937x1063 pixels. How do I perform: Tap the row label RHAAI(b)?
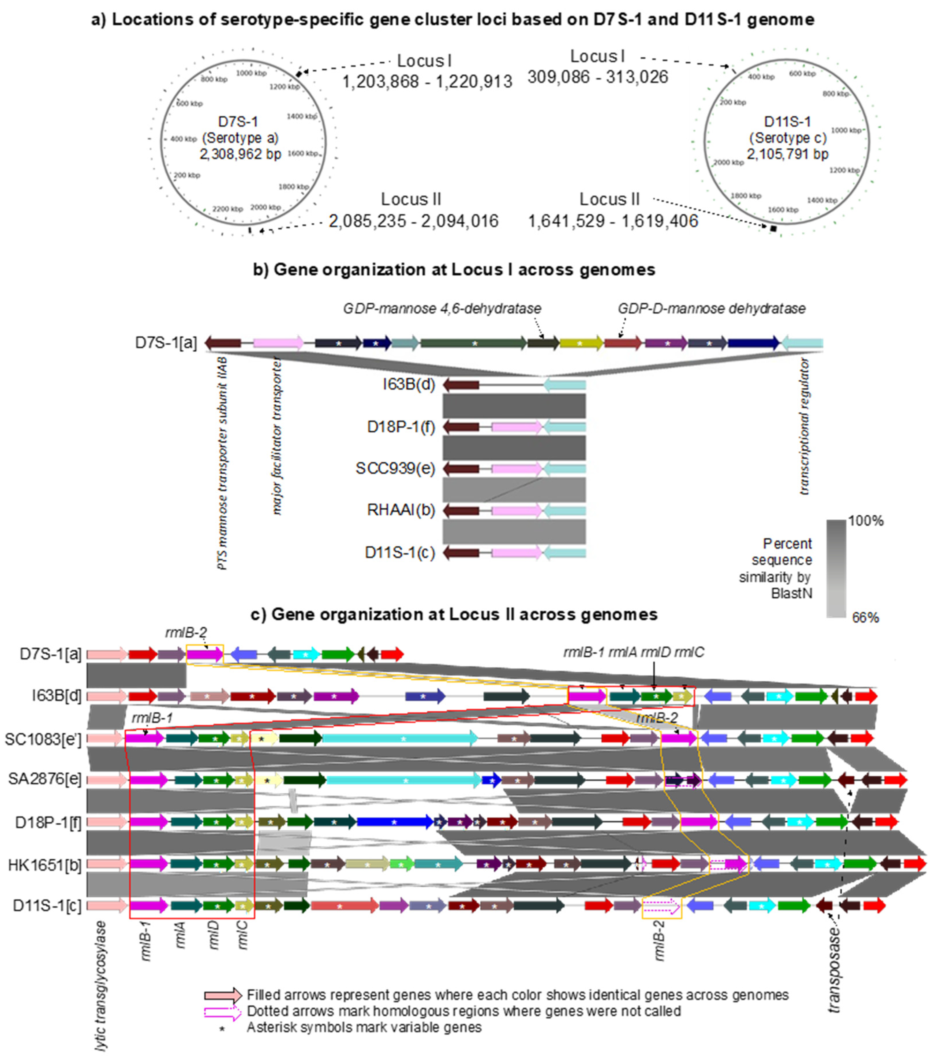[401, 510]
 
